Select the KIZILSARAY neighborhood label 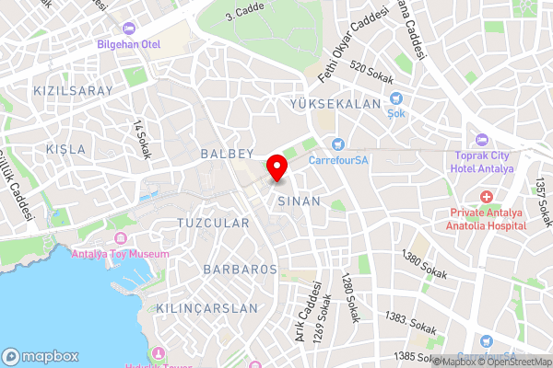tap(72, 91)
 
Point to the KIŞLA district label tap(65, 149)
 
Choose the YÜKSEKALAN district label tap(335, 105)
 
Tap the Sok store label tap(396, 113)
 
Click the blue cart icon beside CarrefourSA tap(337, 144)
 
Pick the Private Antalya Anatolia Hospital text tap(480, 219)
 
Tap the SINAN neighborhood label tap(299, 200)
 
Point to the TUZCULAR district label tap(213, 224)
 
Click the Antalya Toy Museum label tap(122, 254)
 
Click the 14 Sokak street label tap(141, 139)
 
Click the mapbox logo tap(41, 356)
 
